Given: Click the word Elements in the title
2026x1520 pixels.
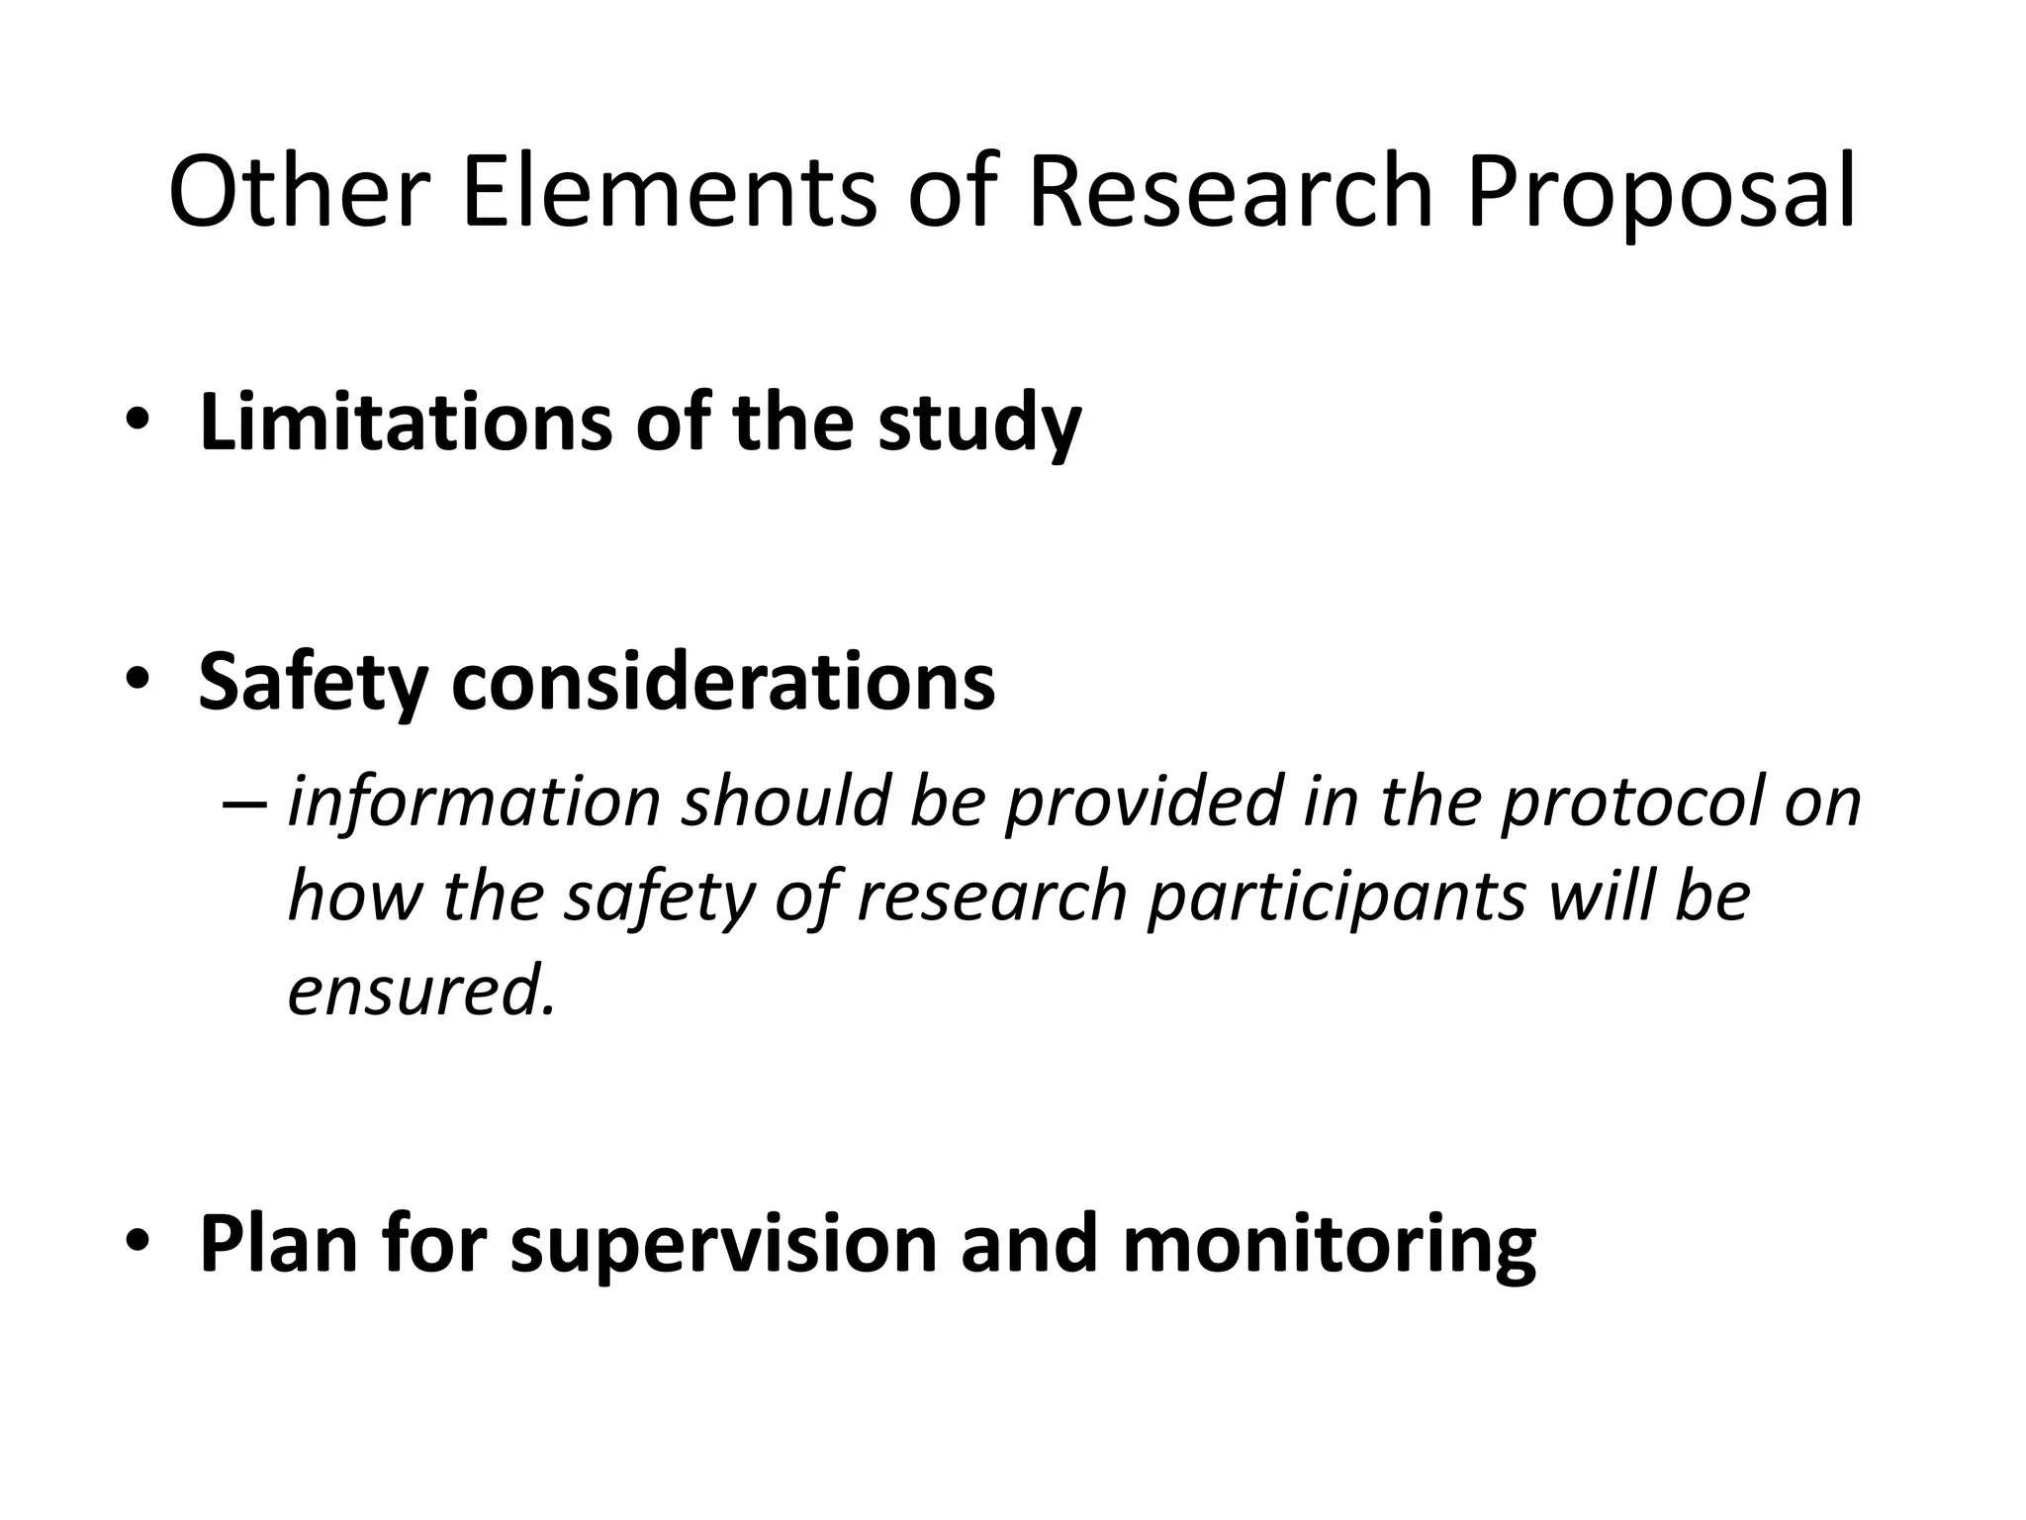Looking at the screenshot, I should click(669, 193).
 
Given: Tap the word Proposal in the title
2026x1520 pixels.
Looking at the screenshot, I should click(1661, 193).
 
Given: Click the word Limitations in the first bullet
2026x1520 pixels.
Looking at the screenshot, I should click(406, 423).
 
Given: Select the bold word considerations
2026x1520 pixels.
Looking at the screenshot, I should click(723, 682).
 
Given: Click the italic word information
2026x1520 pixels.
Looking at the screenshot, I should click(474, 802).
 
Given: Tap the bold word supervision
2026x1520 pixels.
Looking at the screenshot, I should click(723, 1245).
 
